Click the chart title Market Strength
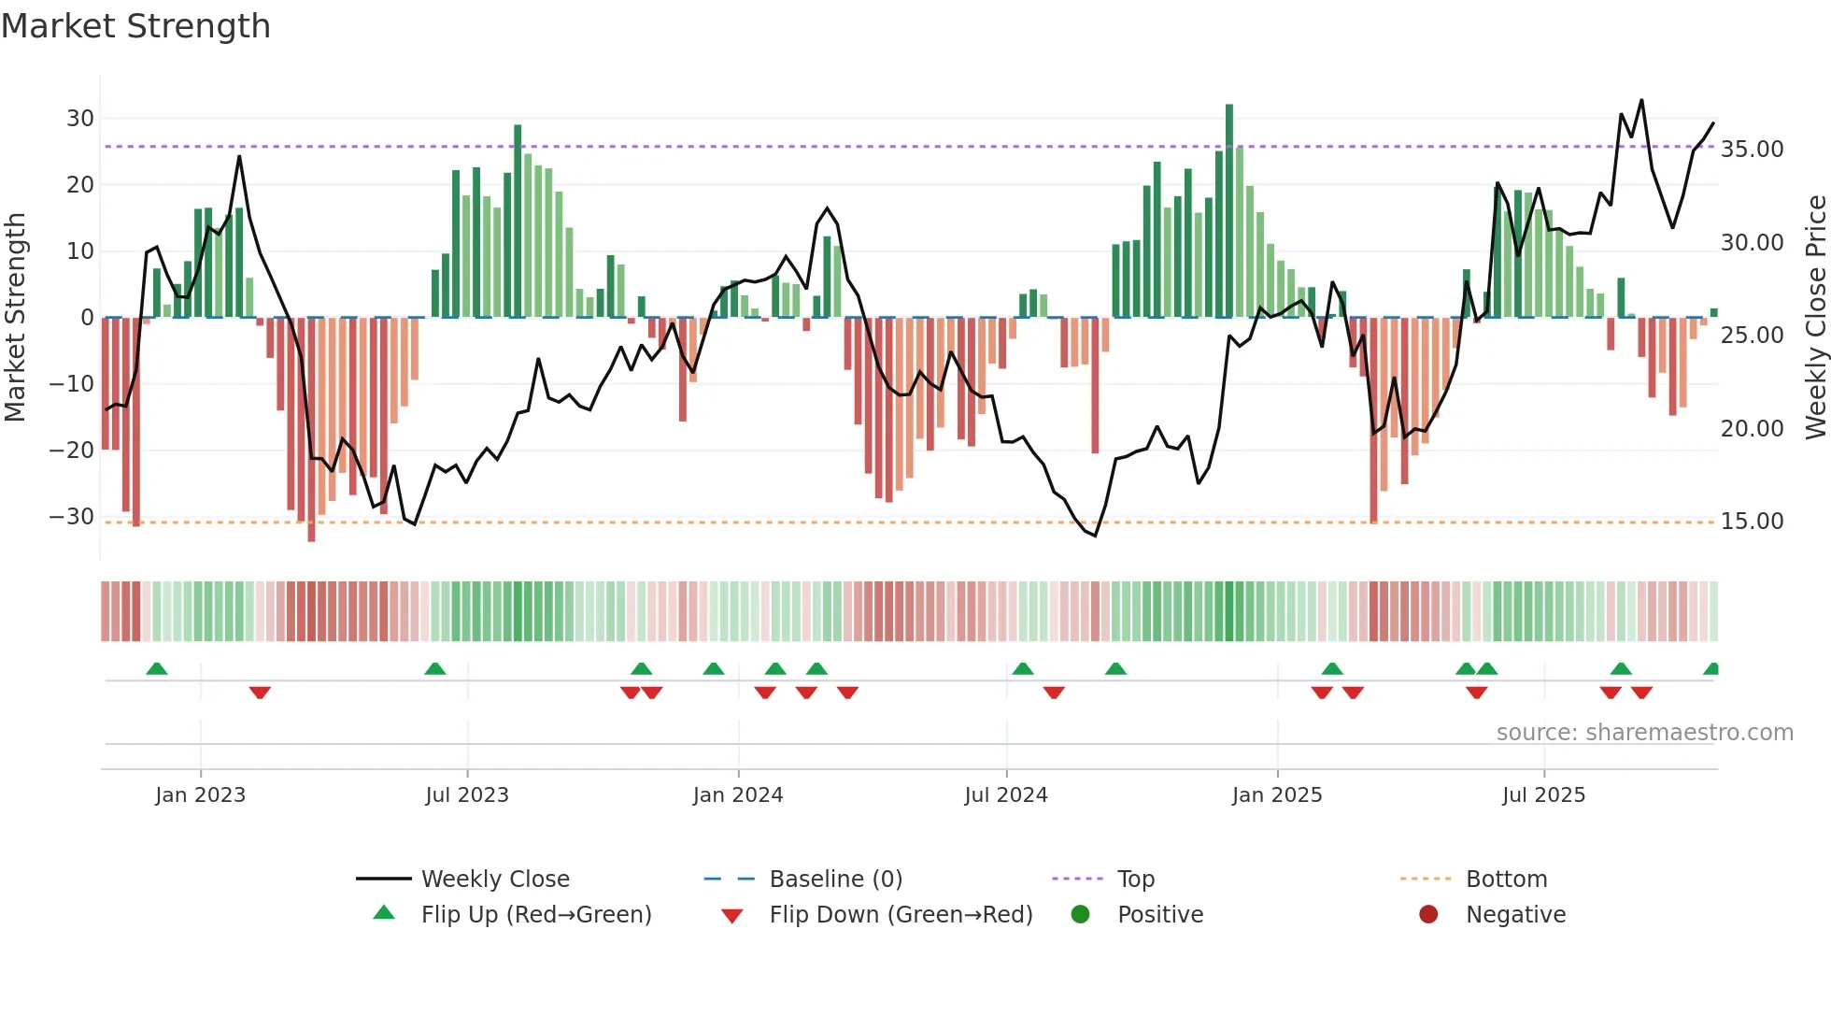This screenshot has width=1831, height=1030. [135, 26]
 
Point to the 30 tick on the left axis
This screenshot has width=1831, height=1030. [80, 119]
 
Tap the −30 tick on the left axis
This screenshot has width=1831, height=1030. [72, 517]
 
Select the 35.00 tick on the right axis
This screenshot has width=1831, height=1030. [1752, 150]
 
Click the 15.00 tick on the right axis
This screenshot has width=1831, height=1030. [1752, 522]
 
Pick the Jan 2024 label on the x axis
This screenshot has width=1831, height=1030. [737, 795]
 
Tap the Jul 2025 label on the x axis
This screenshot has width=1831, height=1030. [1543, 795]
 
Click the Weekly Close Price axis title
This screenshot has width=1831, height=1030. [1815, 318]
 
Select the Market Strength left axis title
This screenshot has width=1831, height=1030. [15, 318]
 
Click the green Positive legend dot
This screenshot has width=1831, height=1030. [1080, 915]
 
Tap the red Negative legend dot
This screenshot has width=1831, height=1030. [1428, 915]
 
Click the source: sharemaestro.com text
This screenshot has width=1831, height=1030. [1644, 733]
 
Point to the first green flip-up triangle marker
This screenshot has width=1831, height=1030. [157, 668]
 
